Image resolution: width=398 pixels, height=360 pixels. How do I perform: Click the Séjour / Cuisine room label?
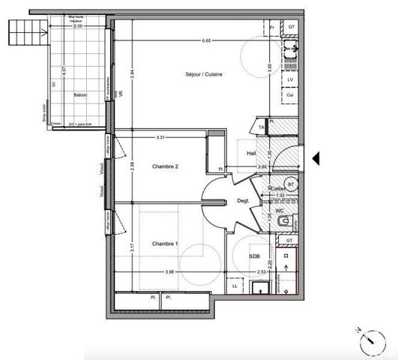[205, 74]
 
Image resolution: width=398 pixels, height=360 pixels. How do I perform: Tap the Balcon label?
[79, 95]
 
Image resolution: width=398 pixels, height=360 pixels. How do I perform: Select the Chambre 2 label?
[165, 166]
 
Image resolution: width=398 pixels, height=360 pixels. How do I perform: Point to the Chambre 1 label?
[165, 244]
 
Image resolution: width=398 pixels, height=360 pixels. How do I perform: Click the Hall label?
[252, 152]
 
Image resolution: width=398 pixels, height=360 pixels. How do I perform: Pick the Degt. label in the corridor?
[244, 200]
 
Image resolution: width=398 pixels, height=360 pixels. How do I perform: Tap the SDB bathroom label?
[255, 256]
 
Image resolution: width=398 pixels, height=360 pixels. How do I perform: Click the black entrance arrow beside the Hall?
[316, 158]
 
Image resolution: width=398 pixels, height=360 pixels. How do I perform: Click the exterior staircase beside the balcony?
[22, 34]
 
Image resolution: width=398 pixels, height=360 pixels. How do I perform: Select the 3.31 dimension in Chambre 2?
[160, 137]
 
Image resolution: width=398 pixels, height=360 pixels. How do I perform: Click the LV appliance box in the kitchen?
[289, 79]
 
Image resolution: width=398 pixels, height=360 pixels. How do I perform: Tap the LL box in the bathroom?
[235, 286]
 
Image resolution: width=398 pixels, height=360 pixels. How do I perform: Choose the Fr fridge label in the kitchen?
[271, 28]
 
